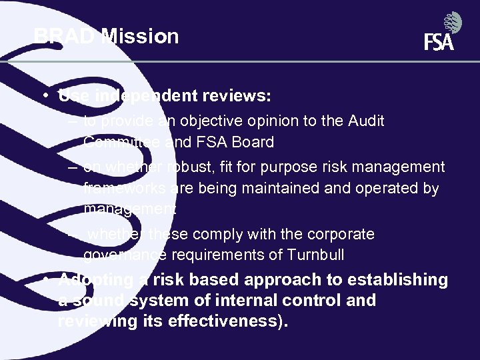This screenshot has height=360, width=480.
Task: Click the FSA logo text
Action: [x=438, y=42]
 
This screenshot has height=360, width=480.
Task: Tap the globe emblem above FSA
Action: [x=453, y=22]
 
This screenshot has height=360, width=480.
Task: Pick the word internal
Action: [x=269, y=301]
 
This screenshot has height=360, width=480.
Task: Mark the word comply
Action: [x=211, y=234]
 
